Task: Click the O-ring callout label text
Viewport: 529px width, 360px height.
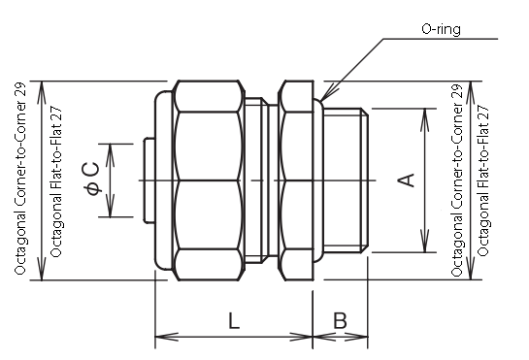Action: coord(441,29)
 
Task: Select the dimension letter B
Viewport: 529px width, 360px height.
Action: coord(340,320)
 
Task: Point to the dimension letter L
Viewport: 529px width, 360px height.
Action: coord(234,320)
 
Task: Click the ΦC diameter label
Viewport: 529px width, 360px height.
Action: coord(92,179)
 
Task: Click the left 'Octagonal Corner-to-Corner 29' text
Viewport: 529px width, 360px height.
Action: coord(20,179)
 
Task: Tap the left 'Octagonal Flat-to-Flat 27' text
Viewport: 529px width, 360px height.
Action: coord(56,182)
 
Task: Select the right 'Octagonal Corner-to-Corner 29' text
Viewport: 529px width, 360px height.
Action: coord(456,180)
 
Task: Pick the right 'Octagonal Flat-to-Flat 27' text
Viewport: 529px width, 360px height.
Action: coord(482,180)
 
